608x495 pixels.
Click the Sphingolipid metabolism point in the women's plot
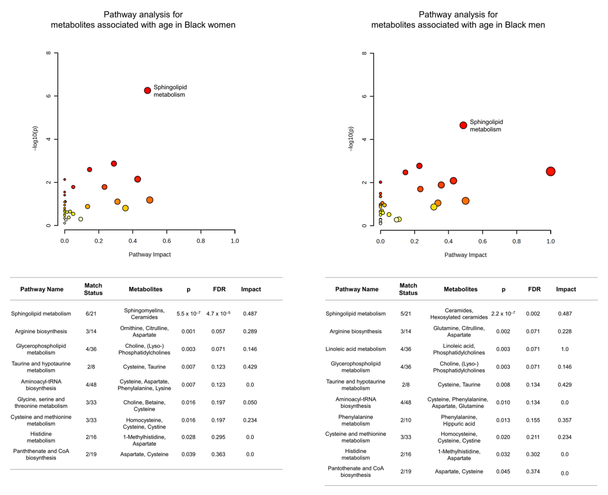point(147,90)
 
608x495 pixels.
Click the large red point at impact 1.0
point(550,171)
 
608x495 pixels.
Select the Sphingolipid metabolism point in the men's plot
point(463,125)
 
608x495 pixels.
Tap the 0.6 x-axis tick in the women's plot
point(167,241)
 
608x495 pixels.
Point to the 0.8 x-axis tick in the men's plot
point(516,241)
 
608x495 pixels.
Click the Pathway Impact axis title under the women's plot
point(150,254)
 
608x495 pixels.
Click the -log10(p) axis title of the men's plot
point(351,139)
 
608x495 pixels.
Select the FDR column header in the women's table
point(219,289)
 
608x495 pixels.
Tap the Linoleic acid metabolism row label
point(355,349)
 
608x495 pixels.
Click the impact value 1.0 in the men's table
point(565,349)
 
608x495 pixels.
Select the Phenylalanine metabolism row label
point(355,420)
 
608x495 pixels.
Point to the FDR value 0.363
point(218,454)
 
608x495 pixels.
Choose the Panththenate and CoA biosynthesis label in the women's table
point(41,454)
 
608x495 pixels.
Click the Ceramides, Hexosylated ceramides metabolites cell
point(459,314)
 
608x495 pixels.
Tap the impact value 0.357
point(565,420)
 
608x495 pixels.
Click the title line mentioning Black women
point(143,25)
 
